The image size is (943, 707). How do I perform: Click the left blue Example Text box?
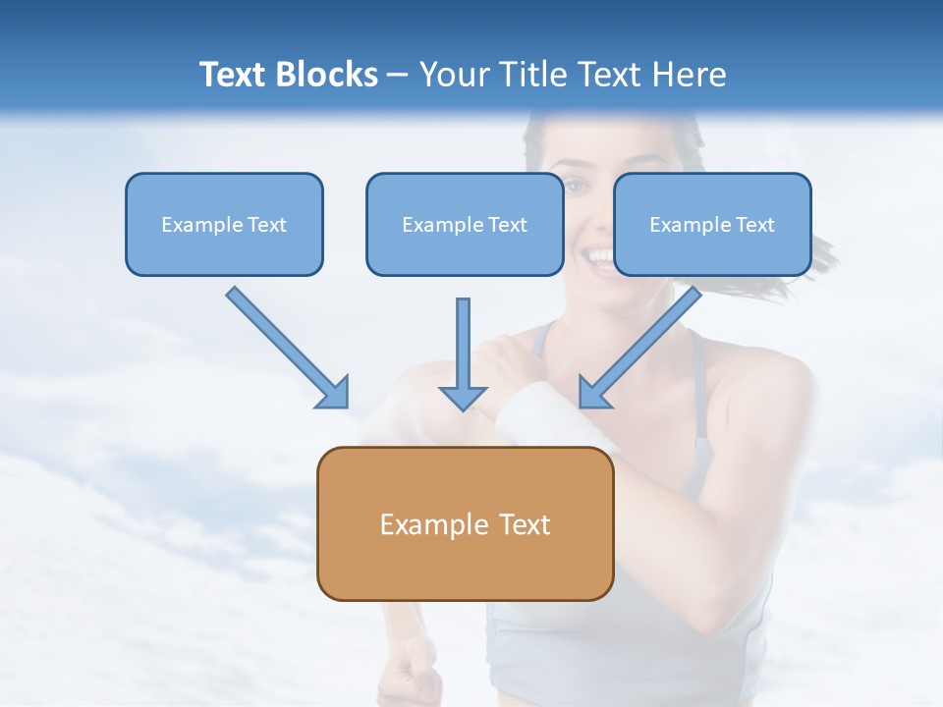pos(224,225)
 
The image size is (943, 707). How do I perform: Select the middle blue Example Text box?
pos(465,225)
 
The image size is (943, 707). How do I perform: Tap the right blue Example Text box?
pos(712,225)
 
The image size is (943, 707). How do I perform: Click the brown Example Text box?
pos(465,523)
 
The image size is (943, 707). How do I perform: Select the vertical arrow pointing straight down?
pos(463,353)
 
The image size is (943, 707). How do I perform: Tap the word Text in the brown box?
pos(525,524)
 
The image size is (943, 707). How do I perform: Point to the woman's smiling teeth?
pos(596,256)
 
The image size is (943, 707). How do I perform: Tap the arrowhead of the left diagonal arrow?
pos(334,393)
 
